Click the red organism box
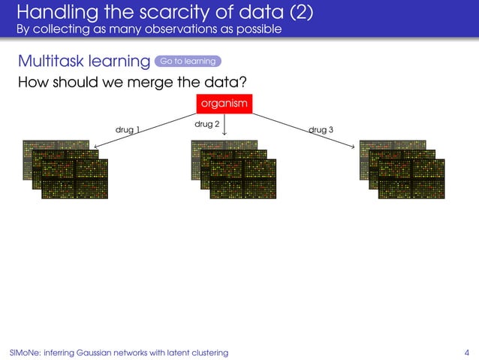(x=224, y=104)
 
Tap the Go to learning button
(x=188, y=61)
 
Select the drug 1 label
(x=127, y=130)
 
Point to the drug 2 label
(x=206, y=124)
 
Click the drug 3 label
(x=321, y=130)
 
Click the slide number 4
(x=467, y=352)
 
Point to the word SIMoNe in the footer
(x=25, y=352)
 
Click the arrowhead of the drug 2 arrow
(x=225, y=136)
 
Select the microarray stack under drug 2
(x=233, y=169)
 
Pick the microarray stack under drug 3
(x=402, y=169)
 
